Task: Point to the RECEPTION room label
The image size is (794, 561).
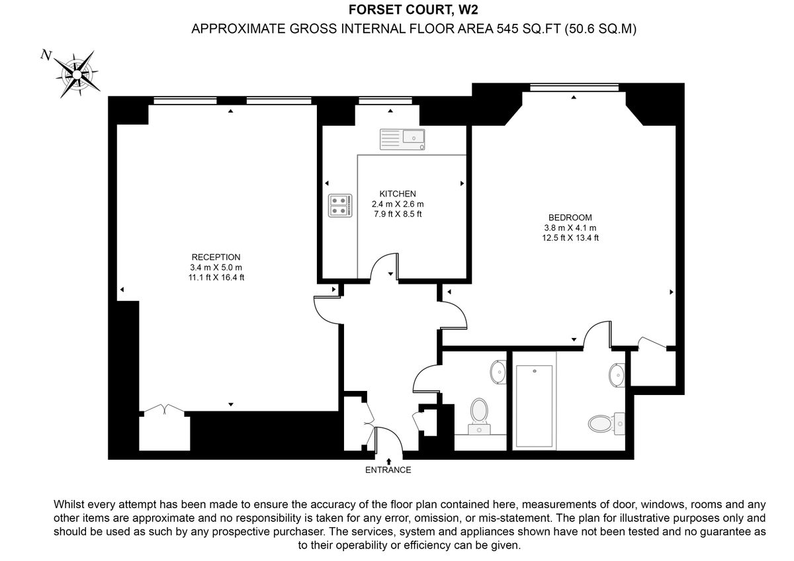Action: coord(216,257)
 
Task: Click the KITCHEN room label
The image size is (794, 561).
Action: coord(397,194)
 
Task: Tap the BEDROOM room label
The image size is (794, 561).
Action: coord(570,217)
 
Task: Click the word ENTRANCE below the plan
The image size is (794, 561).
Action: coord(388,470)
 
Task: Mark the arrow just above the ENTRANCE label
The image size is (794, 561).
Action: coord(388,460)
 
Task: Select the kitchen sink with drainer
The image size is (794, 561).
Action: coord(402,139)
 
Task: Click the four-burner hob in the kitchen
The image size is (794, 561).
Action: coord(339,205)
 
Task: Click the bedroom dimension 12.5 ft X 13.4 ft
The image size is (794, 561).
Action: coord(570,238)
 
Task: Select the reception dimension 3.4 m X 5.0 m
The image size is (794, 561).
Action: coord(216,267)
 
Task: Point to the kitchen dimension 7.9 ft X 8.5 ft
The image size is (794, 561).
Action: coord(397,214)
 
